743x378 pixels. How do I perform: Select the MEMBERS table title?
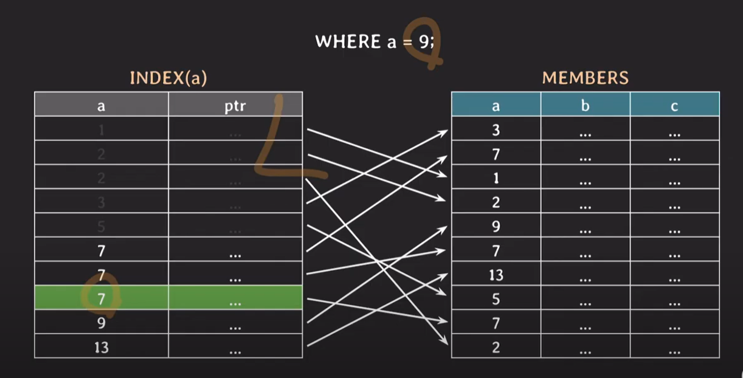click(x=585, y=78)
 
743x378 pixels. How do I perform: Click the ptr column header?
click(x=235, y=106)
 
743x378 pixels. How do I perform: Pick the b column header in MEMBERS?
click(x=585, y=106)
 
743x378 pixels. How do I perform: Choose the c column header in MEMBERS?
click(x=674, y=106)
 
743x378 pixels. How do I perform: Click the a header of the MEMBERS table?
click(x=496, y=106)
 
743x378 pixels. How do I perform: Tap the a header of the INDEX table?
click(x=101, y=106)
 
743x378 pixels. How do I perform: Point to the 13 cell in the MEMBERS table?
click(x=496, y=275)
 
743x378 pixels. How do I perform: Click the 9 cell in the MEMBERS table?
click(x=496, y=227)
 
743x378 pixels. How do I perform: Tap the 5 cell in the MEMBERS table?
click(x=496, y=300)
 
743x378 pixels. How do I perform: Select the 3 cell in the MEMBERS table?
click(x=496, y=129)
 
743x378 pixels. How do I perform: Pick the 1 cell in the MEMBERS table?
click(x=496, y=178)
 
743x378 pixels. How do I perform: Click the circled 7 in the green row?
click(x=102, y=298)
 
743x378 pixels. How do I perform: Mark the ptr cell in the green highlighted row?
click(x=235, y=299)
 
